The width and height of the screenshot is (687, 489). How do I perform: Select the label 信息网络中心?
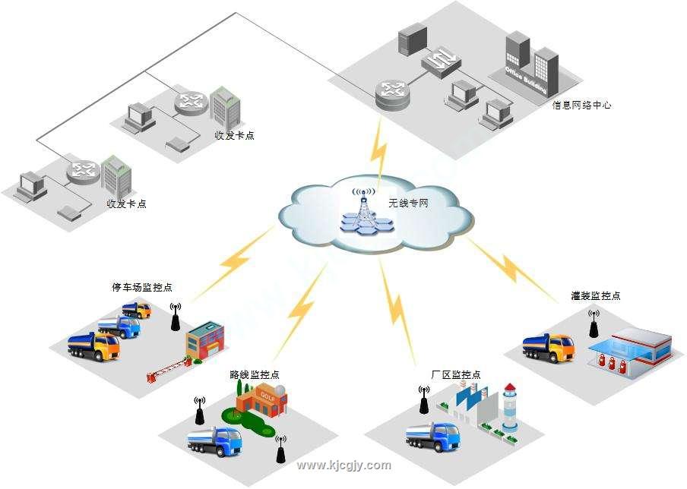pyautogui.click(x=581, y=106)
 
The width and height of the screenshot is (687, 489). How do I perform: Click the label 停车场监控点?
pyautogui.click(x=142, y=288)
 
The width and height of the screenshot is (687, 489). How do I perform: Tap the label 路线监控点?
pyautogui.click(x=254, y=374)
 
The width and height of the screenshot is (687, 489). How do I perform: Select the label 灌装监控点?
pyautogui.click(x=596, y=295)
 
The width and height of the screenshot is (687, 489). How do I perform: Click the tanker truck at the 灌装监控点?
pyautogui.click(x=549, y=348)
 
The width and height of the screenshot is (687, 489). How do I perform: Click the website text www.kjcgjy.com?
pyautogui.click(x=343, y=465)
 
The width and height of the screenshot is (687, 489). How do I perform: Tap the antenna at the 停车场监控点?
pyautogui.click(x=175, y=319)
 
